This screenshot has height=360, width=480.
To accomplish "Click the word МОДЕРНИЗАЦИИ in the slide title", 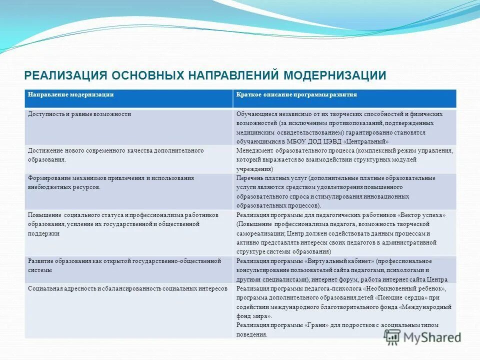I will point(335,75).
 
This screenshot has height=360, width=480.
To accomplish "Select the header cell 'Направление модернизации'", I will point(70,94).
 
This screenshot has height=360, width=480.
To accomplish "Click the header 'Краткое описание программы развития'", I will point(296,94).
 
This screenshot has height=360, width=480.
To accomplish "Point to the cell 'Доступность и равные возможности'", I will point(79,114).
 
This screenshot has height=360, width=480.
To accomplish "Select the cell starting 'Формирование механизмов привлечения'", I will point(111,182).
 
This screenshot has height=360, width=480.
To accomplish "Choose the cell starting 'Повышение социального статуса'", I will point(123,224).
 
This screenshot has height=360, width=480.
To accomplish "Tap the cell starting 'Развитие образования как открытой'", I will point(124,265).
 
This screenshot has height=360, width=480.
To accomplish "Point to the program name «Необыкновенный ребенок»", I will point(404,289).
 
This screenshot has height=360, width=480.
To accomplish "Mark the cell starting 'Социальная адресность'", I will point(127,289).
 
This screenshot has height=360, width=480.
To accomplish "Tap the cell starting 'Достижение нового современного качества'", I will point(115,155).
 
